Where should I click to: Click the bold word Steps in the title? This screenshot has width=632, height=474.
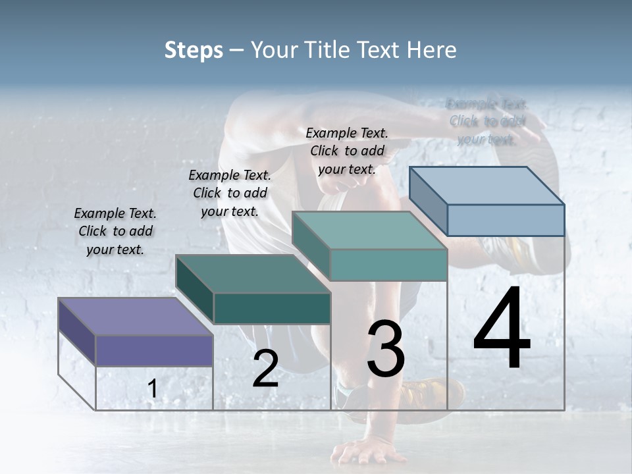[194, 50]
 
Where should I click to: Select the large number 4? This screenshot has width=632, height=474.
[502, 329]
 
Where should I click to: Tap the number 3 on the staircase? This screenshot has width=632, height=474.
[386, 349]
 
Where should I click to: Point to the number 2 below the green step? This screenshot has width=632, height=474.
[265, 369]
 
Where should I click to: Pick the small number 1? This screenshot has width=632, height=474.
[152, 389]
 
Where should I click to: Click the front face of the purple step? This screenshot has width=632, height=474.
[154, 350]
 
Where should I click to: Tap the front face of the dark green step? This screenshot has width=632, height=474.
[272, 308]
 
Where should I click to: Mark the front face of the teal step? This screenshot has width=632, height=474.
[388, 265]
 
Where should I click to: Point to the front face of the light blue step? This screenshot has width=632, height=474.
[506, 220]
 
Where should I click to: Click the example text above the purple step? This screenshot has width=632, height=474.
[115, 231]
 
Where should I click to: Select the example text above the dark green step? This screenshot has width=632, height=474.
[230, 193]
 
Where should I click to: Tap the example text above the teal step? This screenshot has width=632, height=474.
[347, 151]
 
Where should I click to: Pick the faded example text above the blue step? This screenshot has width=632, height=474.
[487, 121]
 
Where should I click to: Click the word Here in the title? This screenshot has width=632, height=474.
[432, 50]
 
